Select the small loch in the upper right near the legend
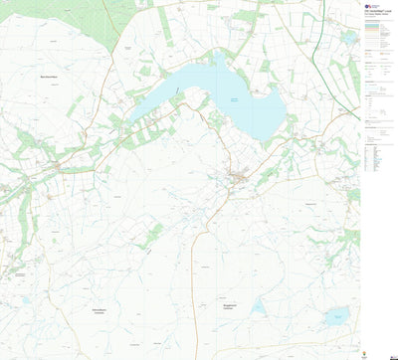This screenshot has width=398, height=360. pos(348,38)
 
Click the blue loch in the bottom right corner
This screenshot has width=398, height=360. pos(336,317)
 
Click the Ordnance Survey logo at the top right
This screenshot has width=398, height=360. pos(368,7)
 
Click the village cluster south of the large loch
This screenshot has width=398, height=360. pos(239,179)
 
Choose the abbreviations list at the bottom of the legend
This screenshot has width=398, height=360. pos(372,159)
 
